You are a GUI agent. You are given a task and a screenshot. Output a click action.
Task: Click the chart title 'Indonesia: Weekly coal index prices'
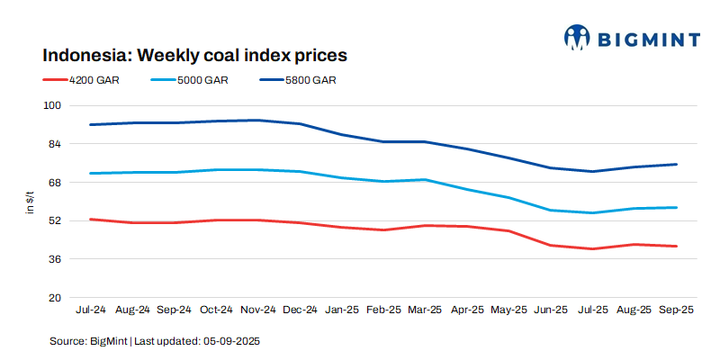tap(195, 55)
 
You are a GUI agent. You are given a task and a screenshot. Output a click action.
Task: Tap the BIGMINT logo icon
tap(576, 37)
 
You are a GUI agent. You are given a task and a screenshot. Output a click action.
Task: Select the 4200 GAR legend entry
tap(94, 80)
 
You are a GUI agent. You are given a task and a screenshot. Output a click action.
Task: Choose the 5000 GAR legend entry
tap(202, 80)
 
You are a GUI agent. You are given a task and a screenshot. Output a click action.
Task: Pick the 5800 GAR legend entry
tap(310, 80)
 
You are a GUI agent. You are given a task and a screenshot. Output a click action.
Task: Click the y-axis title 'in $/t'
tap(30, 202)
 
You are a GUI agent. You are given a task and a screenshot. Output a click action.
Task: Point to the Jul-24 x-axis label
tap(91, 310)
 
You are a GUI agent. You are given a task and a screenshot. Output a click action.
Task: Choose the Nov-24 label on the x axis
tap(258, 310)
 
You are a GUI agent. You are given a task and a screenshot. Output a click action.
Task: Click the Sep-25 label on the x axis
tap(676, 310)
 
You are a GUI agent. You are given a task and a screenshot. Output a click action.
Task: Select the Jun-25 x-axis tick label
tap(551, 310)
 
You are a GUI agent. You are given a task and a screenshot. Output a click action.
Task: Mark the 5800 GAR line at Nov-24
tap(258, 120)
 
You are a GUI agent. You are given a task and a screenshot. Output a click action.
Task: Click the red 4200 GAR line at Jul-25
tap(592, 248)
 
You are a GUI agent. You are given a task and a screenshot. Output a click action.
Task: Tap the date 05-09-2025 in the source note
tap(233, 342)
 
